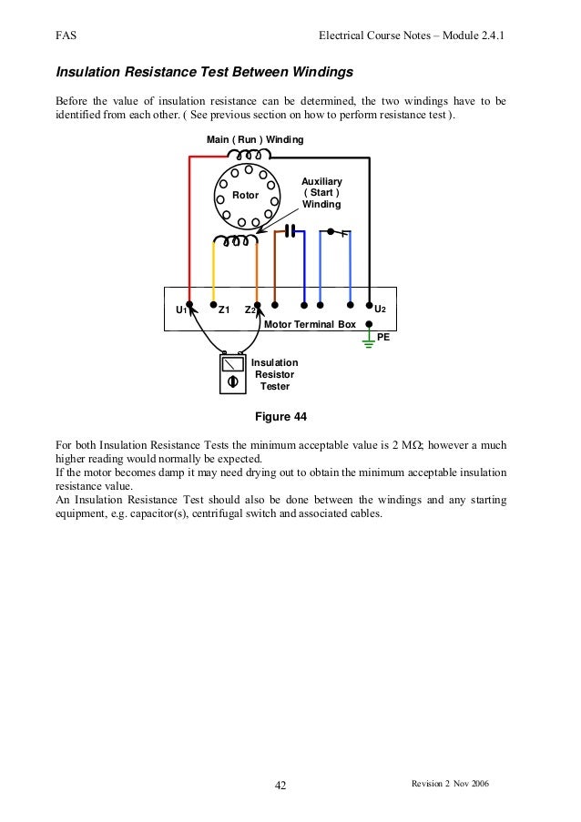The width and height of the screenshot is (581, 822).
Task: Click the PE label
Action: (x=383, y=336)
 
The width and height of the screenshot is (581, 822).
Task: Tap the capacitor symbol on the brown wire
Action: (x=290, y=230)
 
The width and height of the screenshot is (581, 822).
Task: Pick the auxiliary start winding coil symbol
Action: (x=235, y=240)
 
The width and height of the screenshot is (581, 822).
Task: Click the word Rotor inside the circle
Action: (x=245, y=195)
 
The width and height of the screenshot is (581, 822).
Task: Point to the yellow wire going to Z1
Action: (x=213, y=273)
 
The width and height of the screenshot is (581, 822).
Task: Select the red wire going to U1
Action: (x=189, y=228)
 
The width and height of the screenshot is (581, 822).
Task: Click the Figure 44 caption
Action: (x=283, y=417)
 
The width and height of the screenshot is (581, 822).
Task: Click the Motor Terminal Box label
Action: (x=309, y=323)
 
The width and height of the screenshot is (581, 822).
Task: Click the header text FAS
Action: (x=66, y=36)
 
